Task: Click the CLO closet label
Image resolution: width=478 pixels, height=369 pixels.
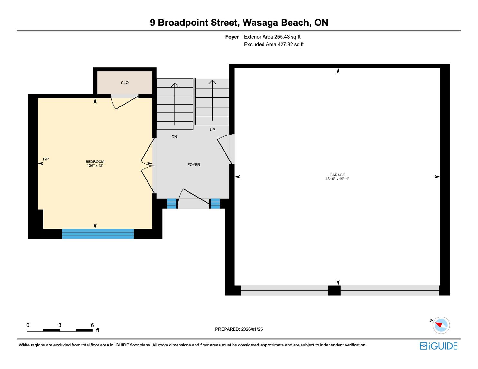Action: click(x=125, y=83)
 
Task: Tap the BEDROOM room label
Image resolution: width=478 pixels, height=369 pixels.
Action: click(x=95, y=161)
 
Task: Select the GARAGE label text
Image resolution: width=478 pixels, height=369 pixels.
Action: click(x=337, y=175)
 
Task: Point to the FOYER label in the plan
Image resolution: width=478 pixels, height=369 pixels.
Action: click(x=194, y=165)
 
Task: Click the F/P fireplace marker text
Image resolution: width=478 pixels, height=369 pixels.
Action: click(x=46, y=159)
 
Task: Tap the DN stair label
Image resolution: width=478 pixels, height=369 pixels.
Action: click(x=174, y=137)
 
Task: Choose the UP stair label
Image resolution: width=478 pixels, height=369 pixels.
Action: click(x=212, y=130)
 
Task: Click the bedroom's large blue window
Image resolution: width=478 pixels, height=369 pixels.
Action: click(x=98, y=234)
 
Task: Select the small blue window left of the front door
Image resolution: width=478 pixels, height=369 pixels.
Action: click(x=172, y=204)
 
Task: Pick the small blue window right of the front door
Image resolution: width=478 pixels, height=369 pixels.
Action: click(x=215, y=204)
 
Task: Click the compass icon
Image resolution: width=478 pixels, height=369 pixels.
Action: click(x=441, y=325)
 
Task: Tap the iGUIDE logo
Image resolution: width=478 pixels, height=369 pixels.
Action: click(x=438, y=346)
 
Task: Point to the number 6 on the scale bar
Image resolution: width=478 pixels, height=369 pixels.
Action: click(x=92, y=325)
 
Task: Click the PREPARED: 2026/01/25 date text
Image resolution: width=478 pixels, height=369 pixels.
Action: click(x=239, y=329)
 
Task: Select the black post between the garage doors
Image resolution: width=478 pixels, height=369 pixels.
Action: click(x=334, y=291)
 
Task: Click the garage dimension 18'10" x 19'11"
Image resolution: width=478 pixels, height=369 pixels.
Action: click(x=337, y=179)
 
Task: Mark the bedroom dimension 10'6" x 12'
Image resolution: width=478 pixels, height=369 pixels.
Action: click(x=95, y=166)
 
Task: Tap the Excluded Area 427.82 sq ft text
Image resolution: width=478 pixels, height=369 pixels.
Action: click(x=274, y=45)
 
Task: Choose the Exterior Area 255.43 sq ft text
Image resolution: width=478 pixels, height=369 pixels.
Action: click(x=272, y=37)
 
